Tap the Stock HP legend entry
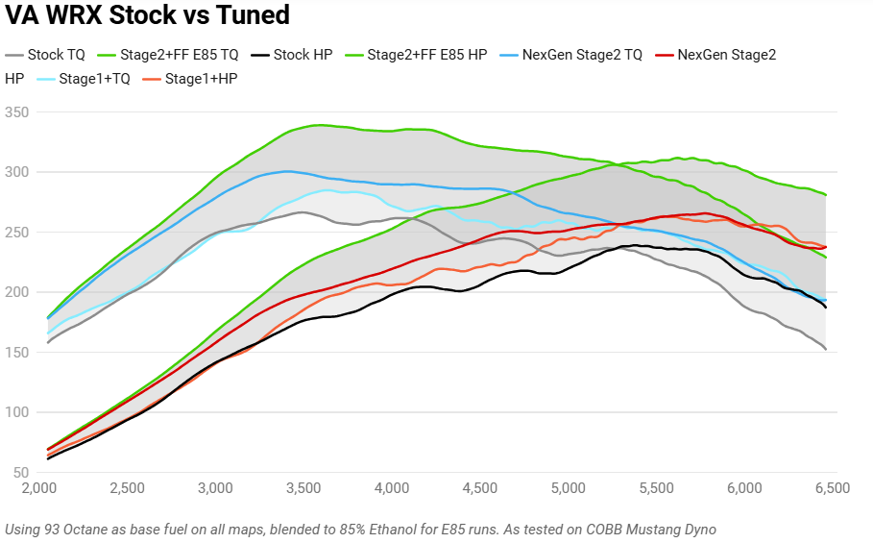point(303,55)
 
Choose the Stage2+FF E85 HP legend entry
point(426,55)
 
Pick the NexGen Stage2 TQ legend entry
point(582,55)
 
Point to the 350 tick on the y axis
point(17,112)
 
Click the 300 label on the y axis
point(17,172)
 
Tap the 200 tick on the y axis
point(17,292)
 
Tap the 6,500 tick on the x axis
point(832,488)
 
